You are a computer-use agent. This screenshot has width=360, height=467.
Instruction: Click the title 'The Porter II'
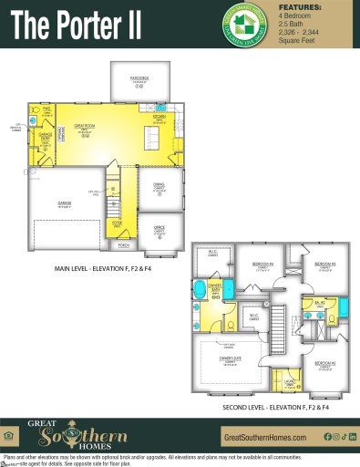[77, 26]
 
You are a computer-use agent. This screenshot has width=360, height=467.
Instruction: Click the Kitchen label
[159, 118]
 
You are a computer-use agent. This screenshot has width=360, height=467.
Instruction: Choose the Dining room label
[159, 188]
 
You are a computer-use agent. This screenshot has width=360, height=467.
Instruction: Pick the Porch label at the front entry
[125, 244]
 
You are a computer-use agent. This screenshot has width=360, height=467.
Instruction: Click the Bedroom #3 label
[325, 264]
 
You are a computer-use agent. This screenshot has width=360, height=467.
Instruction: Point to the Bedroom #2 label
[325, 363]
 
